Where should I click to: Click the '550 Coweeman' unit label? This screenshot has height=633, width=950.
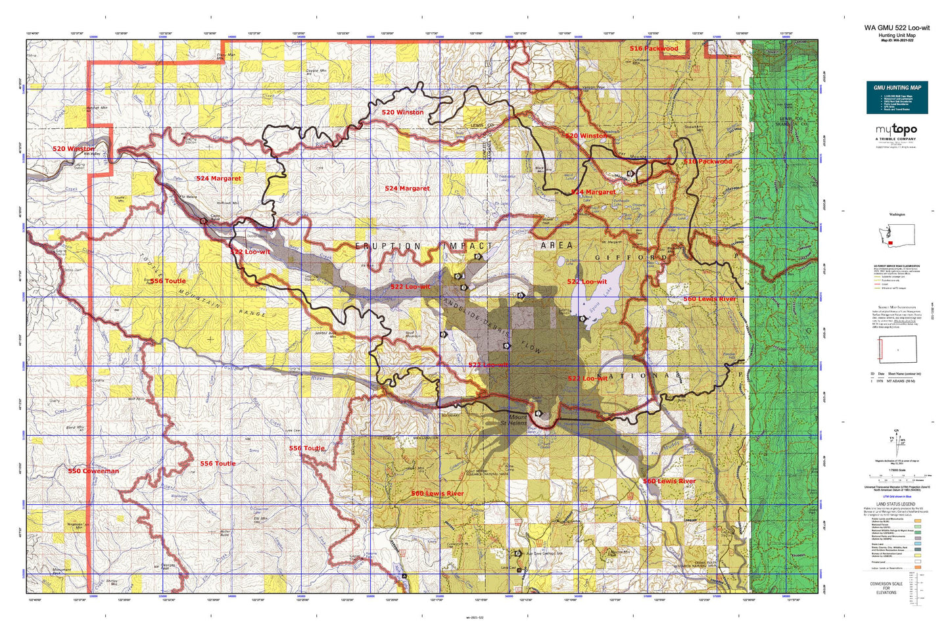pyautogui.click(x=93, y=471)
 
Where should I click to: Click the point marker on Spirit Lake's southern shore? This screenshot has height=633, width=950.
pyautogui.click(x=582, y=319)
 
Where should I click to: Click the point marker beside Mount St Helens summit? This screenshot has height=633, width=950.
pyautogui.click(x=538, y=413)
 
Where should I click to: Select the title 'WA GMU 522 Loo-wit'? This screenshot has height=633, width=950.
pyautogui.click(x=897, y=28)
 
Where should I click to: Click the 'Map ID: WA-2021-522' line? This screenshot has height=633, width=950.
pyautogui.click(x=897, y=40)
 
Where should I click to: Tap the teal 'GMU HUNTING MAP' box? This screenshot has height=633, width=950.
pyautogui.click(x=897, y=97)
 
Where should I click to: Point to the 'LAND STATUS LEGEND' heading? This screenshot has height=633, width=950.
pyautogui.click(x=895, y=504)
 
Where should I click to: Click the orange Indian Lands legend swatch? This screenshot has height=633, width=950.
pyautogui.click(x=917, y=568)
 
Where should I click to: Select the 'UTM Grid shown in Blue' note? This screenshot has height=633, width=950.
pyautogui.click(x=895, y=499)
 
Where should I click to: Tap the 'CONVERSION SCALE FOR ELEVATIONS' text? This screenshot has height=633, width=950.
pyautogui.click(x=886, y=588)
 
